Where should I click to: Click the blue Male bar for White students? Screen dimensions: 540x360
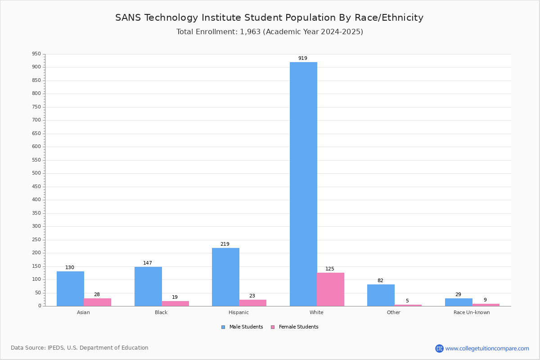click(x=303, y=184)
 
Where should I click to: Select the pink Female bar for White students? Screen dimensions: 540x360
click(x=330, y=289)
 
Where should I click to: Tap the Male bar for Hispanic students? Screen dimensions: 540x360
click(x=225, y=277)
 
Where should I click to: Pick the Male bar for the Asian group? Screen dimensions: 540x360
click(x=70, y=288)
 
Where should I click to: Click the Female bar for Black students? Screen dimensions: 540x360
click(x=175, y=304)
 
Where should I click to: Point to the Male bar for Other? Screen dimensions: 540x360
click(x=381, y=295)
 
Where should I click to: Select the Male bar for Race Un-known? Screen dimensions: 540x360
click(x=459, y=302)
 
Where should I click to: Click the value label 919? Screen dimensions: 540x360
click(x=303, y=58)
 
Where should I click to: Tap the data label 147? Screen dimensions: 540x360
click(x=148, y=263)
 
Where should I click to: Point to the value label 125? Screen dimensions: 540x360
click(x=330, y=269)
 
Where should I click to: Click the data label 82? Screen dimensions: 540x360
click(x=380, y=280)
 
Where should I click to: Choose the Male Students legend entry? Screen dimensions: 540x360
click(x=242, y=327)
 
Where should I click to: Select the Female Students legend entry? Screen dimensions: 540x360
click(x=295, y=327)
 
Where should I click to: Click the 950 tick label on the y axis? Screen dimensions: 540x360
click(x=36, y=54)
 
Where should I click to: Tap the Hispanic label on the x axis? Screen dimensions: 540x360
click(x=238, y=312)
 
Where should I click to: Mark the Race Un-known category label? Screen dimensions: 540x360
click(x=472, y=312)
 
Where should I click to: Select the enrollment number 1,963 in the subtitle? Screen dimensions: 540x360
click(x=250, y=32)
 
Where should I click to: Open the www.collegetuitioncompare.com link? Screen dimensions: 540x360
click(x=487, y=348)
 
